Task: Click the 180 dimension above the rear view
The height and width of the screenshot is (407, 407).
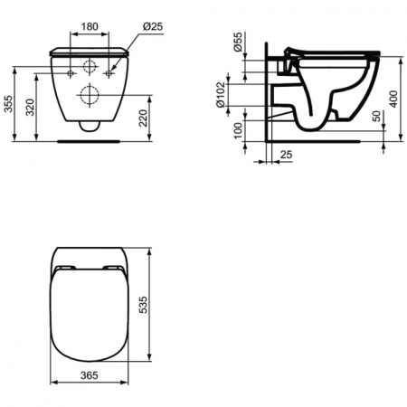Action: click(x=89, y=26)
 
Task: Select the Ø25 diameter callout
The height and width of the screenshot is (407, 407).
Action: click(x=152, y=26)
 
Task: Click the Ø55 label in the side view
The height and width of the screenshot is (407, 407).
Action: click(x=237, y=48)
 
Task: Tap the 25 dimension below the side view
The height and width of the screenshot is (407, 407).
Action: click(x=286, y=156)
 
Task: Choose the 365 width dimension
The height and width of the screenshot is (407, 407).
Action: click(x=88, y=373)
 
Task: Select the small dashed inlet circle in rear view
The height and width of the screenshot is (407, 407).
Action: click(x=90, y=67)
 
